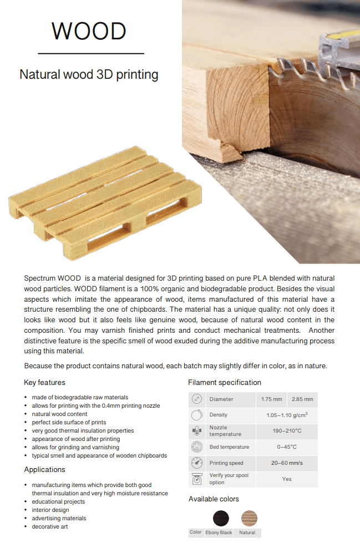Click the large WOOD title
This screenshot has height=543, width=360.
[89, 32]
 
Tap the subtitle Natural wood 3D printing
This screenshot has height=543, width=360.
[89, 74]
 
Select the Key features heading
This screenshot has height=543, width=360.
[44, 383]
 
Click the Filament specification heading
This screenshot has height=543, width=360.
[225, 383]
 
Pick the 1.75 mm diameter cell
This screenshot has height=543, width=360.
[271, 399]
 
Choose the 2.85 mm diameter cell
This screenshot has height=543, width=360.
[302, 399]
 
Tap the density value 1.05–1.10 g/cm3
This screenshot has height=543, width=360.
[287, 415]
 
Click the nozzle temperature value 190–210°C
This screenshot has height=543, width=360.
[287, 431]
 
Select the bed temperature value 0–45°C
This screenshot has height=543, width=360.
[287, 447]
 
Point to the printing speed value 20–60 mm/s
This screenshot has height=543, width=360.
[287, 463]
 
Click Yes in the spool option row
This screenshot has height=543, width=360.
[287, 479]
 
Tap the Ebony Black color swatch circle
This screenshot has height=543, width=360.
[221, 518]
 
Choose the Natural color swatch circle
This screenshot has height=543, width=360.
[249, 518]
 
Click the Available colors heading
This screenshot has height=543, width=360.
[214, 499]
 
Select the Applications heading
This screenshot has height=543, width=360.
[44, 470]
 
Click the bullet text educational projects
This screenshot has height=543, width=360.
[58, 501]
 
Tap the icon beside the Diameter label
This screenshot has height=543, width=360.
[196, 399]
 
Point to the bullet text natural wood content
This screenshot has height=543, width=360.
[59, 414]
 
